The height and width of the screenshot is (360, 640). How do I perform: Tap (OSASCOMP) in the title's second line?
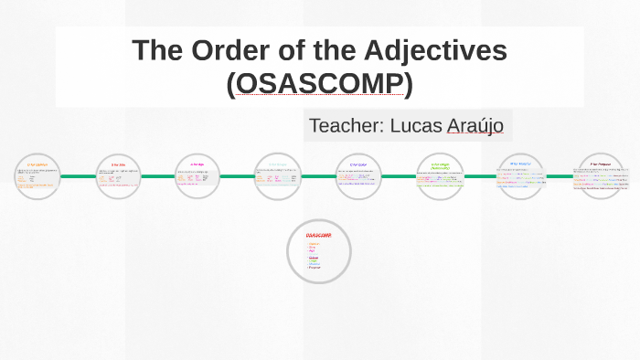(319, 83)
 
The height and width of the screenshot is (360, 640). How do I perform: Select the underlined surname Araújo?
(475, 125)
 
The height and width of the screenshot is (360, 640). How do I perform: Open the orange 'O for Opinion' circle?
(37, 176)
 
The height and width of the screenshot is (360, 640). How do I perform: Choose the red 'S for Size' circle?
(119, 176)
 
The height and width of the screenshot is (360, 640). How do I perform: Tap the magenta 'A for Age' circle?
(198, 176)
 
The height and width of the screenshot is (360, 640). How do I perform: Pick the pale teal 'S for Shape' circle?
(277, 176)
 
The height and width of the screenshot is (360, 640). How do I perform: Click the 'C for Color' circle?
(357, 176)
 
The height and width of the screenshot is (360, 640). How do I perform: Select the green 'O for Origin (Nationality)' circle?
(440, 176)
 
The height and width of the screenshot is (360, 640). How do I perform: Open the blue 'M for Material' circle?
(520, 176)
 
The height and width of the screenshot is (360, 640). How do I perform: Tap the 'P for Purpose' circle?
(601, 176)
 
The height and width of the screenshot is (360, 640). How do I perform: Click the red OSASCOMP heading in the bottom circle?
(318, 236)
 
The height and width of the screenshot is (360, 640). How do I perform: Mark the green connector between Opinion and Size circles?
(79, 176)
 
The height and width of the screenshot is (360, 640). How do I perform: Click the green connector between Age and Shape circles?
(238, 176)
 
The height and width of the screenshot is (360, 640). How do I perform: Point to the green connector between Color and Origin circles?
(399, 176)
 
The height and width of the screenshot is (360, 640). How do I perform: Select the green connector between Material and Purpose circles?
(560, 176)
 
